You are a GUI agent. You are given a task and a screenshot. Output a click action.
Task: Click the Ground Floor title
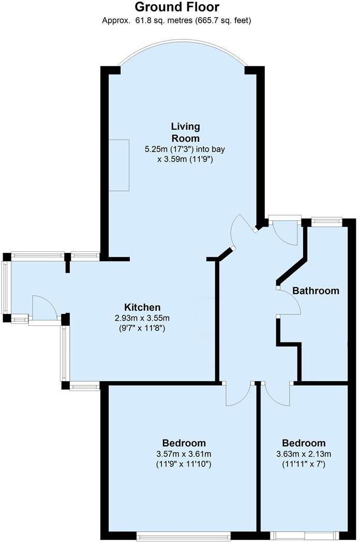177,7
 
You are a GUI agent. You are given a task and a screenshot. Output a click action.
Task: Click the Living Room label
186,132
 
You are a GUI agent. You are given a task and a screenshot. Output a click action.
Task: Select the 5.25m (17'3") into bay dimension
185,149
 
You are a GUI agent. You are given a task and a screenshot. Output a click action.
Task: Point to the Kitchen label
142,307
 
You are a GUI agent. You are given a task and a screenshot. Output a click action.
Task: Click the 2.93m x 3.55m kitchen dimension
142,318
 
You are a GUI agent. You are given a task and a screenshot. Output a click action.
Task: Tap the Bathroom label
316,290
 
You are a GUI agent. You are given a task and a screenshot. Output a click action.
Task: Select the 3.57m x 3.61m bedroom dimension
184,454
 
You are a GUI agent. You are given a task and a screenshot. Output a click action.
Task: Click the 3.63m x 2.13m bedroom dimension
304,454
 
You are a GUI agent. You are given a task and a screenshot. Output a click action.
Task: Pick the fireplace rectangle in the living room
119,165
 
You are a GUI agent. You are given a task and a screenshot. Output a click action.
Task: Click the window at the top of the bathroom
326,222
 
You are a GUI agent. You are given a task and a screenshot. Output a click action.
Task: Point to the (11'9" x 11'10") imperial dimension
184,464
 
